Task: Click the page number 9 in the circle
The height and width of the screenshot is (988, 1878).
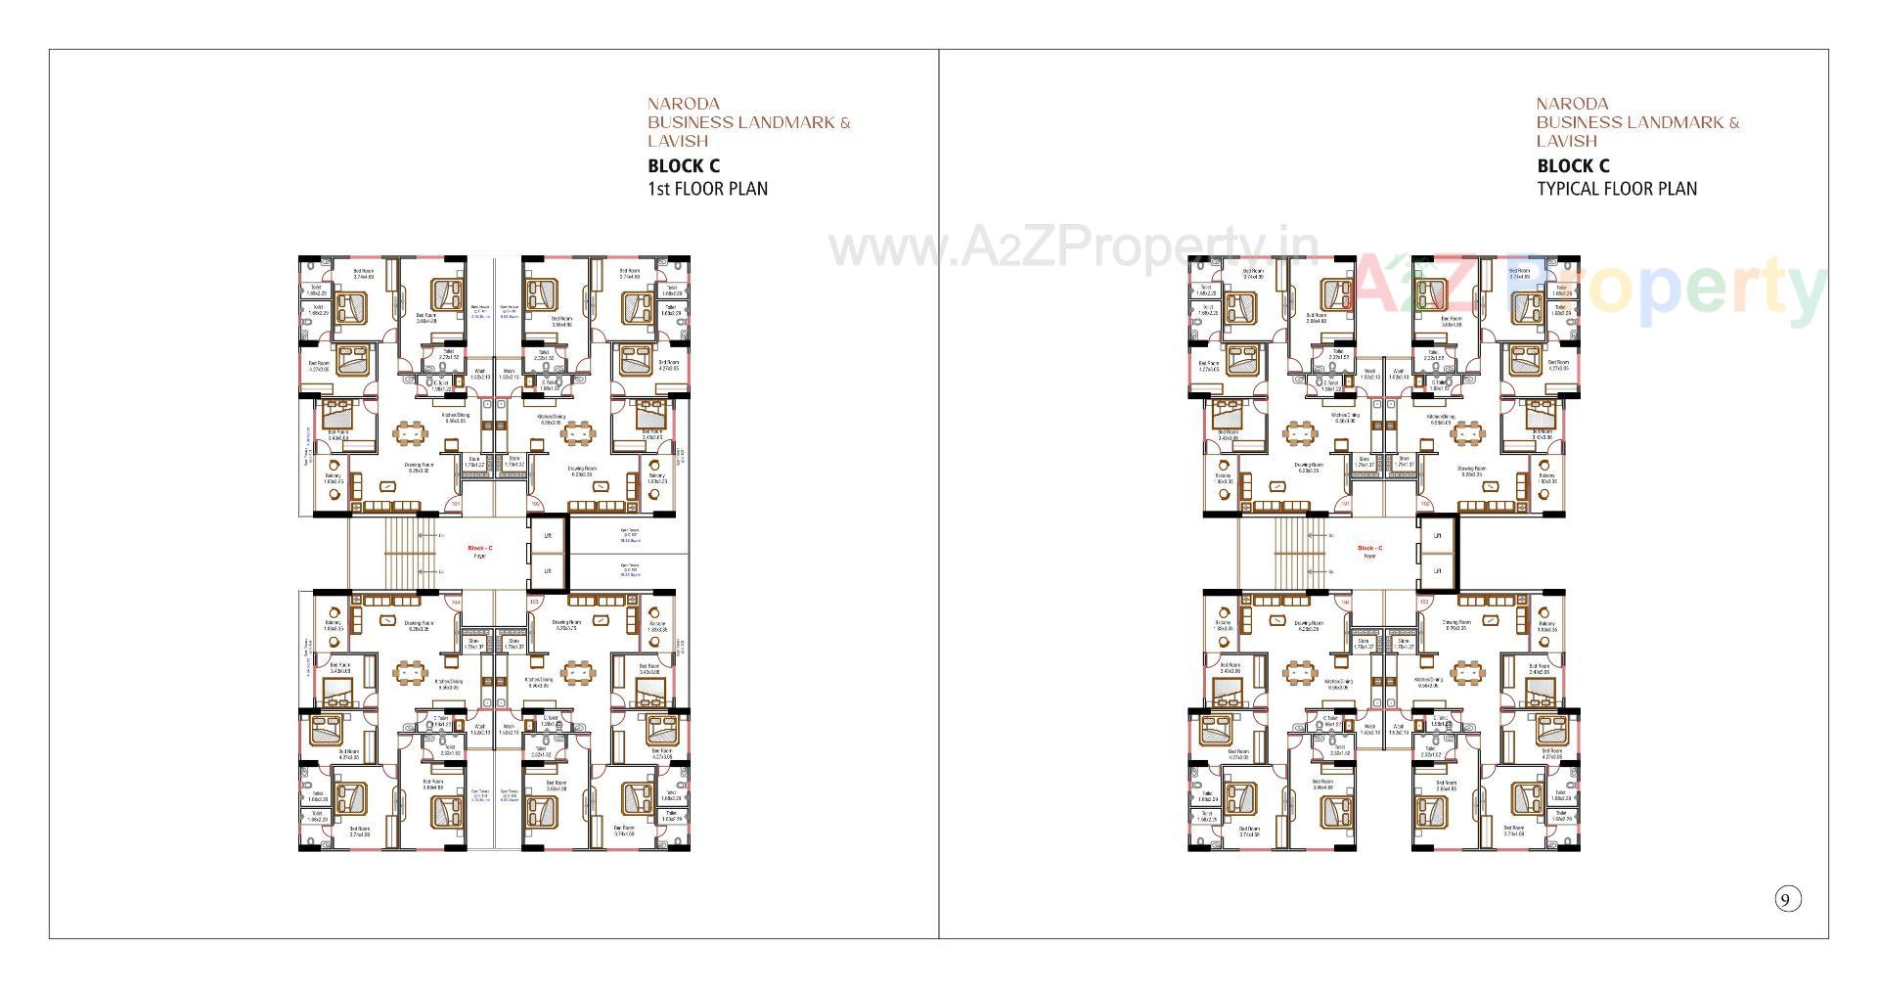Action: [1787, 900]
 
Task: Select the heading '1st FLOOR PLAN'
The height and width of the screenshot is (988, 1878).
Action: [707, 189]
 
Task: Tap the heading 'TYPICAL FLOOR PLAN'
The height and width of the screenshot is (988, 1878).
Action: [1616, 189]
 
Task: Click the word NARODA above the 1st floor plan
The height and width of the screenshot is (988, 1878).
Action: [684, 104]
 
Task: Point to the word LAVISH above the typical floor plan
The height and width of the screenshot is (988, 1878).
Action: [1566, 141]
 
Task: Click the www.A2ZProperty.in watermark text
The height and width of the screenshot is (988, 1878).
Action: [1073, 248]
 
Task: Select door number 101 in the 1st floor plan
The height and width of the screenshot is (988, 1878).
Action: [455, 505]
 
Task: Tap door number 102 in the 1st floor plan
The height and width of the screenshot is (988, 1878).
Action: [535, 505]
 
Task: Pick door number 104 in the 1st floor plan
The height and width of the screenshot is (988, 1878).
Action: [454, 602]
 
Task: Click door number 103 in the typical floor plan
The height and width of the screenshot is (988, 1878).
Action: [1424, 602]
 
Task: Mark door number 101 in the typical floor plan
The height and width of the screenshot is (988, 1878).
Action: [1345, 505]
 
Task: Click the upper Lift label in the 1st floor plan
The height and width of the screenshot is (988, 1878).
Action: [548, 536]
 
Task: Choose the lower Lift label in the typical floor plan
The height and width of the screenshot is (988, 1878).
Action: [1437, 570]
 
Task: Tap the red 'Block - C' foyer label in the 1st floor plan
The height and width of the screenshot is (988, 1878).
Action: [479, 548]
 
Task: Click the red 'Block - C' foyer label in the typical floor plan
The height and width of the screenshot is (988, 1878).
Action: [1369, 548]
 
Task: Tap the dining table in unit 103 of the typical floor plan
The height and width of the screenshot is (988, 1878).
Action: [1465, 672]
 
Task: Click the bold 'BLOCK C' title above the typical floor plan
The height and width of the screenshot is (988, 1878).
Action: [1573, 166]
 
